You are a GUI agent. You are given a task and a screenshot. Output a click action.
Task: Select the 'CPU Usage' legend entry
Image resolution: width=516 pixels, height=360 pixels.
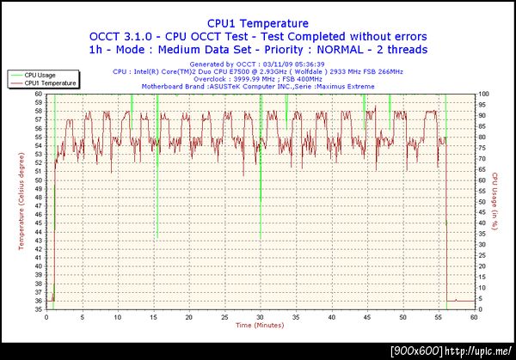(x=42, y=75)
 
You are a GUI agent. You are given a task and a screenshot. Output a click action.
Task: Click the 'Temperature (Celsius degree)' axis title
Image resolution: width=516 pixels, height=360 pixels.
(x=21, y=201)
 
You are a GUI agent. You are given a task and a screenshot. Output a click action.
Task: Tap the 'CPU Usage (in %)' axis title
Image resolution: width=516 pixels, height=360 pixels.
(x=496, y=202)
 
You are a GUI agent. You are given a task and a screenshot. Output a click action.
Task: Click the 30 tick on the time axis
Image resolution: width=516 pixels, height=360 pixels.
(x=260, y=317)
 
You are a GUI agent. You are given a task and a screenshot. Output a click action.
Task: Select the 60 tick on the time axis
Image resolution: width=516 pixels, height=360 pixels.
(x=473, y=317)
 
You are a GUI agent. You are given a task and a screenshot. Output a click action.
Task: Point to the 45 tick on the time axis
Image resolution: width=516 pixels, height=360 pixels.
(x=366, y=317)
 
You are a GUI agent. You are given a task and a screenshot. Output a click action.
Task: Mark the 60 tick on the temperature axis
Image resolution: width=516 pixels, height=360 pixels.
(x=38, y=94)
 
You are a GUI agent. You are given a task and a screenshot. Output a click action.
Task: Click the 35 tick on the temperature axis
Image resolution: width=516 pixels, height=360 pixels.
(x=38, y=309)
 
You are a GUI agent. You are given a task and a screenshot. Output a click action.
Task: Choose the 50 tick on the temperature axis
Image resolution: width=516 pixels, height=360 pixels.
(x=38, y=180)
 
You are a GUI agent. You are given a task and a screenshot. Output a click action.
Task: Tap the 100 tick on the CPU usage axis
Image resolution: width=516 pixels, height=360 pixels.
(x=483, y=94)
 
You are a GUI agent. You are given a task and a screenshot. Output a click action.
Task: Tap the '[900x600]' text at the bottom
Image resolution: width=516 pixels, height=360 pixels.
(x=417, y=351)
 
